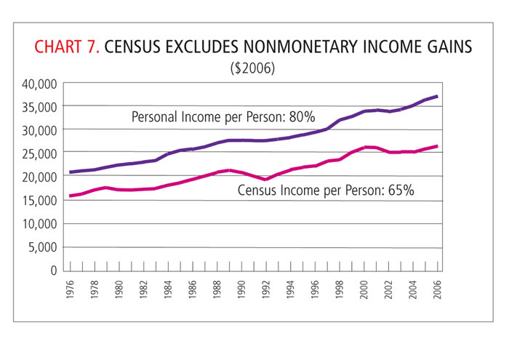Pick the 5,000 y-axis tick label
[x=42, y=247]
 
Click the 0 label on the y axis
[x=53, y=270]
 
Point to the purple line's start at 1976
[x=71, y=172]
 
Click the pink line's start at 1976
[x=71, y=196]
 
